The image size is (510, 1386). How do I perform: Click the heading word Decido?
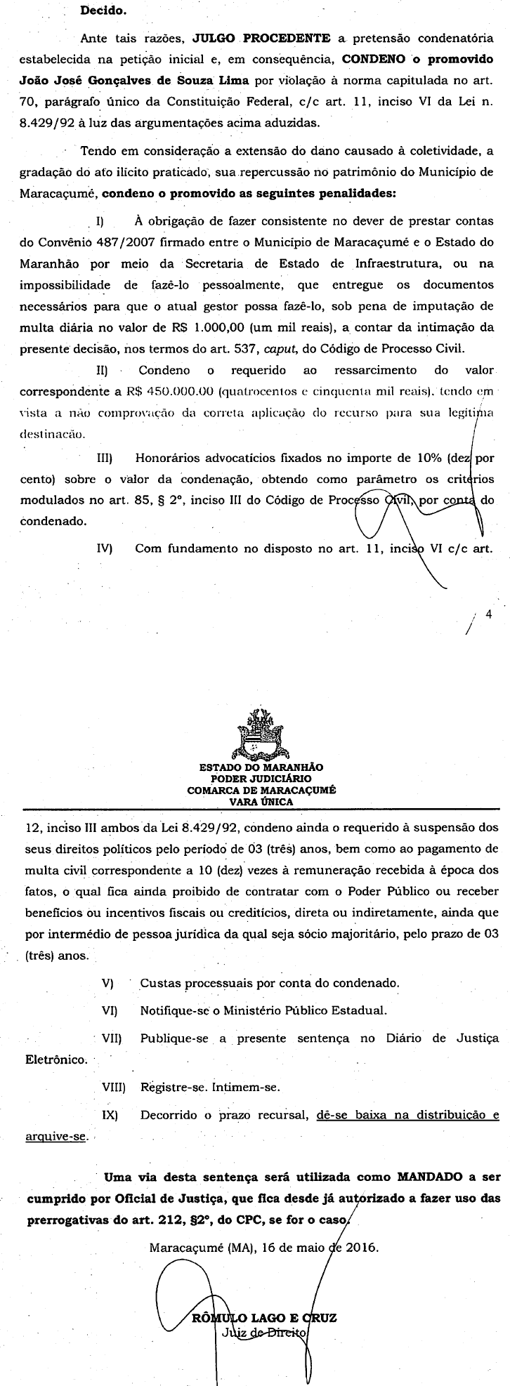point(100,11)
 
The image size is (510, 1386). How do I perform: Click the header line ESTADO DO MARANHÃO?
point(261,768)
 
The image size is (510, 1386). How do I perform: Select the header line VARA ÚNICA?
point(261,800)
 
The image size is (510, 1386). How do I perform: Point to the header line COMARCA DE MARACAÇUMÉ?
point(261,789)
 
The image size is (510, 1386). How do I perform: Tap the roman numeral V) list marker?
point(107,983)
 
